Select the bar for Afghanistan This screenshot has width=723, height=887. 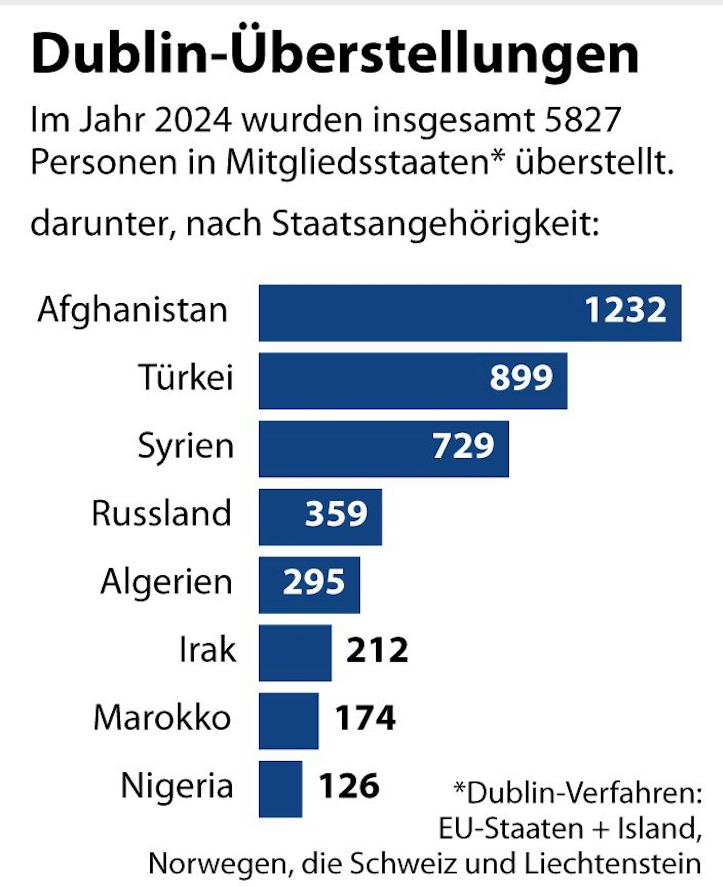[x=416, y=313]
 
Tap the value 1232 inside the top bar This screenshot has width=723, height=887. [x=625, y=310]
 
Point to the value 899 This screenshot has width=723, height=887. [x=521, y=378]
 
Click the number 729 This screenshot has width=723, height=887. [x=463, y=446]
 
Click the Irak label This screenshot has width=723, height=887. [x=208, y=650]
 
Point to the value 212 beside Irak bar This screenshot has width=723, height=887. [x=377, y=650]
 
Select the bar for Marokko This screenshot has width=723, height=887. [x=288, y=721]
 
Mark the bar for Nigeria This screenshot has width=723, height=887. [x=280, y=789]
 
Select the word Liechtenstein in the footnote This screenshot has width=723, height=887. [x=613, y=864]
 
